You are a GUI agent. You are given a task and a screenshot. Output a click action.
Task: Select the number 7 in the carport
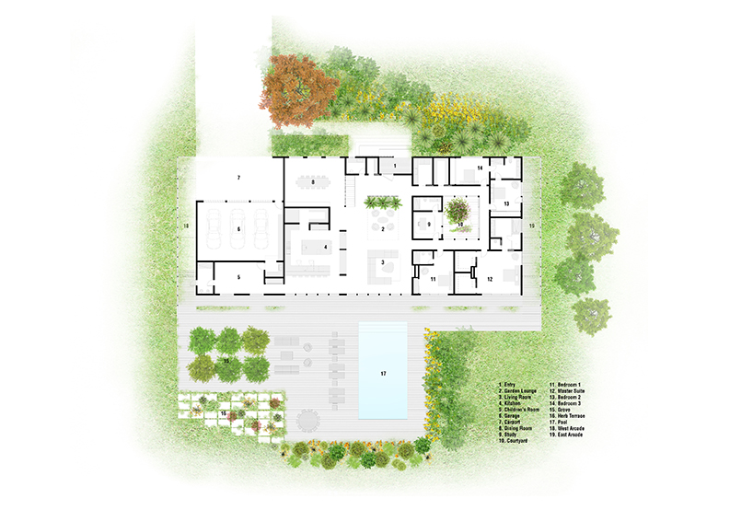(238, 176)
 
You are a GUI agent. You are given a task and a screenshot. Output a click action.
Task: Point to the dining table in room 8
(313, 182)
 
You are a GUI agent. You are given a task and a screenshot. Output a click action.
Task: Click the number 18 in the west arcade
(186, 226)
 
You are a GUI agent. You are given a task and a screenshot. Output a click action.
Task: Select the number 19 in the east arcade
(530, 226)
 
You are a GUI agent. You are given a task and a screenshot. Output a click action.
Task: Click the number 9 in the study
(428, 225)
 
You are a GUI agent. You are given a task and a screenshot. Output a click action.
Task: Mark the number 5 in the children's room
(237, 276)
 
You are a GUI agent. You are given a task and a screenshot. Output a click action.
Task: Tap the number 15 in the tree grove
(226, 362)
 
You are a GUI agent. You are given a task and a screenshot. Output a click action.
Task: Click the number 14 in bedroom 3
(480, 168)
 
